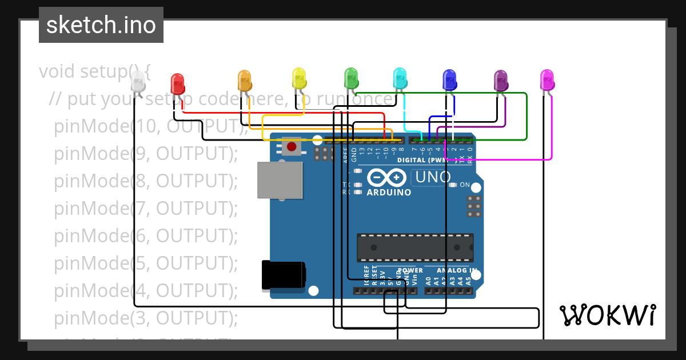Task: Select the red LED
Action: pos(178,83)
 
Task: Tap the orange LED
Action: pos(245,80)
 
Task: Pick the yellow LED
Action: pos(298,78)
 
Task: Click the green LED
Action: pos(350,77)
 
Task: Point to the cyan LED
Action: pos(400,78)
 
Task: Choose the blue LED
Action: pos(450,79)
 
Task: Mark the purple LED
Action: pos(501,81)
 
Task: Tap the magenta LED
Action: pos(547,80)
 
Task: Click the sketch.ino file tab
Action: pos(101,25)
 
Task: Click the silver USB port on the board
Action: pos(280,180)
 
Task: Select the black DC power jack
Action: pos(283,275)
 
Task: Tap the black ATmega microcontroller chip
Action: pos(415,247)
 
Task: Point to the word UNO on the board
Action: pos(433,178)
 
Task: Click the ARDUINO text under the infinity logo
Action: pos(389,193)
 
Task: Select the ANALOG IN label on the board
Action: pos(456,270)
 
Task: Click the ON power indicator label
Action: pos(464,185)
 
